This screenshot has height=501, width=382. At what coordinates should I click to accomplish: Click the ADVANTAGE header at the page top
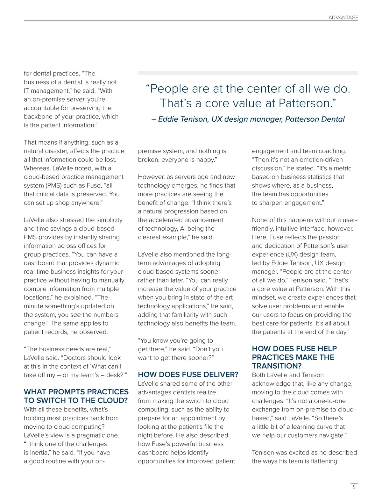pyautogui.click(x=343, y=18)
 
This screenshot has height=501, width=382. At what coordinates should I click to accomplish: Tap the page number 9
pyautogui.click(x=354, y=487)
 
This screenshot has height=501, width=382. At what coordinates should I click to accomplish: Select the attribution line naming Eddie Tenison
pyautogui.click(x=248, y=119)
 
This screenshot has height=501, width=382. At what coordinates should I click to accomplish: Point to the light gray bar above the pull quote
pyautogui.click(x=248, y=73)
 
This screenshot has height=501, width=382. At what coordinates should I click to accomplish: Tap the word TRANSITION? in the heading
pyautogui.click(x=277, y=366)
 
